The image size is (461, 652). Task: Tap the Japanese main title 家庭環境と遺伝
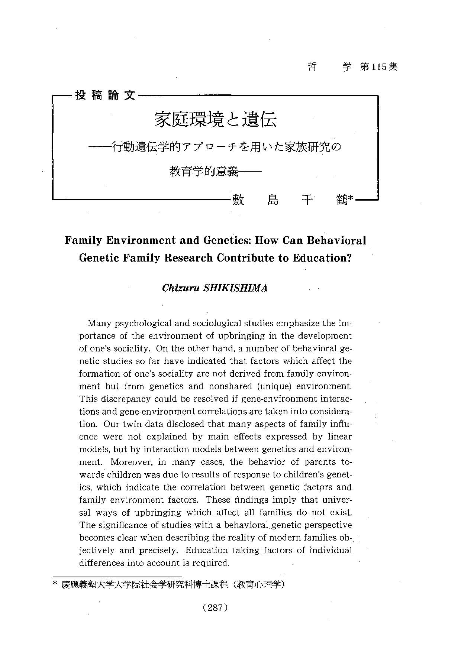tap(215, 120)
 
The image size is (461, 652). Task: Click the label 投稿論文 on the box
tap(106, 95)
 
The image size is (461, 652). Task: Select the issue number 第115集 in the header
tap(379, 67)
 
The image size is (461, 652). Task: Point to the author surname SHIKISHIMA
tap(236, 288)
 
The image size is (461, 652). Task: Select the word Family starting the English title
tap(83, 240)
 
